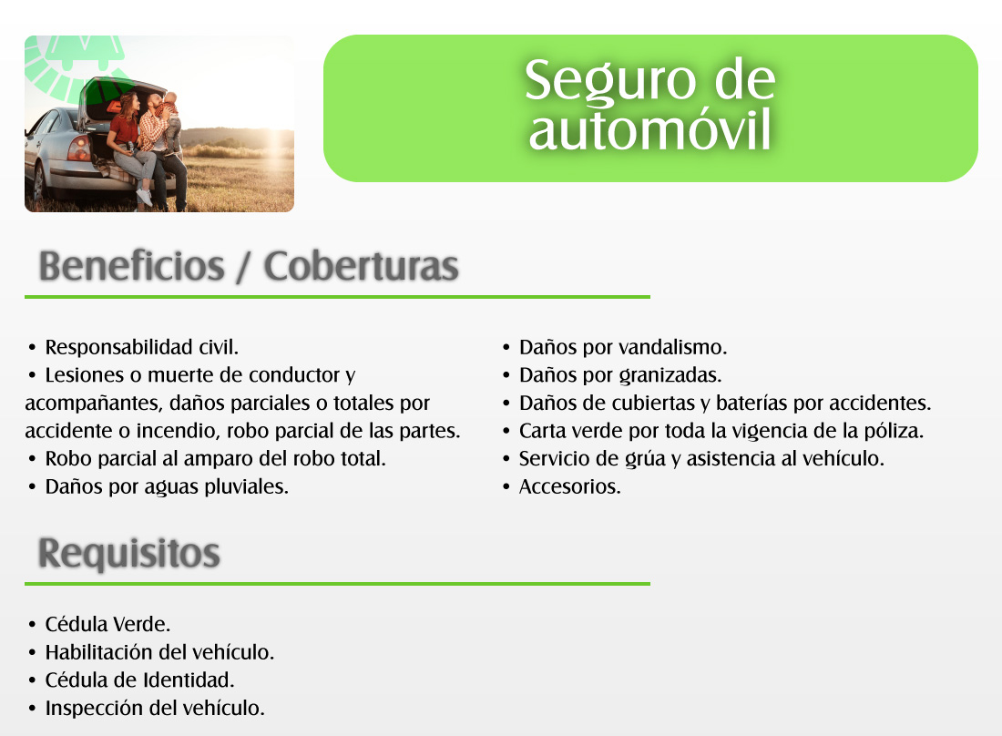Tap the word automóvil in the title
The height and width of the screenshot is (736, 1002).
click(x=649, y=130)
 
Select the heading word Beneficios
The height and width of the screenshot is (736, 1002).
click(x=132, y=266)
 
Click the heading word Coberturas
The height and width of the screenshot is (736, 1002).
click(x=361, y=266)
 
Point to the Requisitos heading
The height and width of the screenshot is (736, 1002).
click(x=129, y=553)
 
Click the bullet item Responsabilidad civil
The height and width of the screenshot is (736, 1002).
click(x=142, y=347)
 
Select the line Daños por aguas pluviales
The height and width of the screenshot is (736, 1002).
click(x=167, y=486)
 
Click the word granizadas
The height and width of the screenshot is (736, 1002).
click(x=671, y=375)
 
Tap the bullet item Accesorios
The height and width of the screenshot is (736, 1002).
click(x=569, y=486)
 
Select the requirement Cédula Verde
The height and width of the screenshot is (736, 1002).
click(x=107, y=624)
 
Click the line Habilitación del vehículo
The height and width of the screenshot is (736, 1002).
click(x=159, y=652)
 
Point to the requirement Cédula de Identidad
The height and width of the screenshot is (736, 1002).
click(x=140, y=680)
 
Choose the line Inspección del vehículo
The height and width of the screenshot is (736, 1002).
click(x=155, y=708)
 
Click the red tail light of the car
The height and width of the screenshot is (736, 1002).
click(x=78, y=148)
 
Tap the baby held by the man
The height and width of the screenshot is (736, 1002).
click(x=170, y=118)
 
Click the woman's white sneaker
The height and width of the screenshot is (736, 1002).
click(x=145, y=198)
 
